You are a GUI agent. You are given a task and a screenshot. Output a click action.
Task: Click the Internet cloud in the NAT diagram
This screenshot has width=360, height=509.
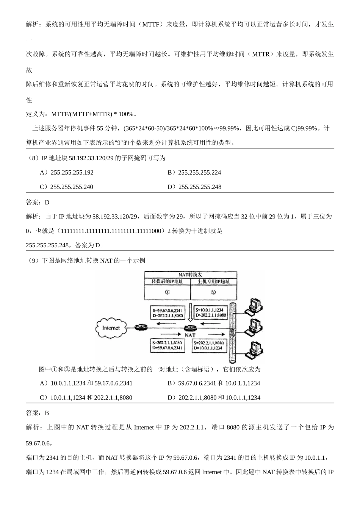click(111, 328)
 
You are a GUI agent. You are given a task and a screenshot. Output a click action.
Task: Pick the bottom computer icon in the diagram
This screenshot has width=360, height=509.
click(253, 350)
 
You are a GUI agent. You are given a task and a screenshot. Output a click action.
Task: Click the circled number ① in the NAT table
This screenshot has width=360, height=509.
click(167, 292)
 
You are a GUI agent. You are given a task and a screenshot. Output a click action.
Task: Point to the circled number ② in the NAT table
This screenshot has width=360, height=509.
click(213, 292)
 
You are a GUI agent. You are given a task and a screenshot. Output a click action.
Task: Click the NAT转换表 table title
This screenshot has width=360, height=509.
click(191, 275)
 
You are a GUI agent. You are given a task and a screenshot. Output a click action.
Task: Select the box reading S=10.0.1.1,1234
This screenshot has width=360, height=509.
click(211, 312)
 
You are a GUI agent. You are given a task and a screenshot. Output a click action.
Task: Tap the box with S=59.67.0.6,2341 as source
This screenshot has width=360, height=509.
click(167, 312)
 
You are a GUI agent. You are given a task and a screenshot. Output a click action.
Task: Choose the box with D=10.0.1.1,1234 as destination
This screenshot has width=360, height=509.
click(211, 345)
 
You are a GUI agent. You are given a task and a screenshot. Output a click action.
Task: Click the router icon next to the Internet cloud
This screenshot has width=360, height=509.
click(141, 327)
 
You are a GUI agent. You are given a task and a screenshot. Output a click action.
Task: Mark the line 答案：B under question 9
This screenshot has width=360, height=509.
click(38, 413)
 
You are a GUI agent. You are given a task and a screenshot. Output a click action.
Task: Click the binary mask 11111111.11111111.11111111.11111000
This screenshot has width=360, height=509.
click(110, 231)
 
